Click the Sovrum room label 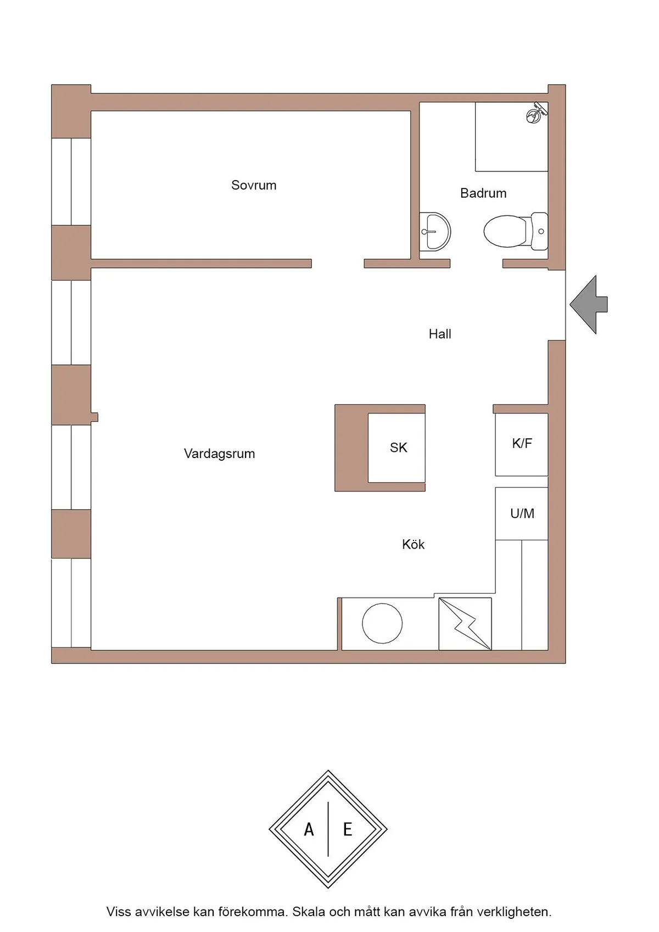point(254,185)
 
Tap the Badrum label point(483,193)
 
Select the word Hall point(440,334)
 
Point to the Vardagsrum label point(219,454)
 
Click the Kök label point(413,544)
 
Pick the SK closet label point(398,448)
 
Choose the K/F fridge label point(522,444)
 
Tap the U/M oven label point(522,514)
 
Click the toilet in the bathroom point(516,231)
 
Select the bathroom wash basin point(435,231)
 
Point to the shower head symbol point(537,112)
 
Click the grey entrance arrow point(588,304)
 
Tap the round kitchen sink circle point(382,623)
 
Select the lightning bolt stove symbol point(465,624)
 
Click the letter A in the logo point(309,829)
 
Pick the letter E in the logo point(348,829)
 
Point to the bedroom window point(71,181)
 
